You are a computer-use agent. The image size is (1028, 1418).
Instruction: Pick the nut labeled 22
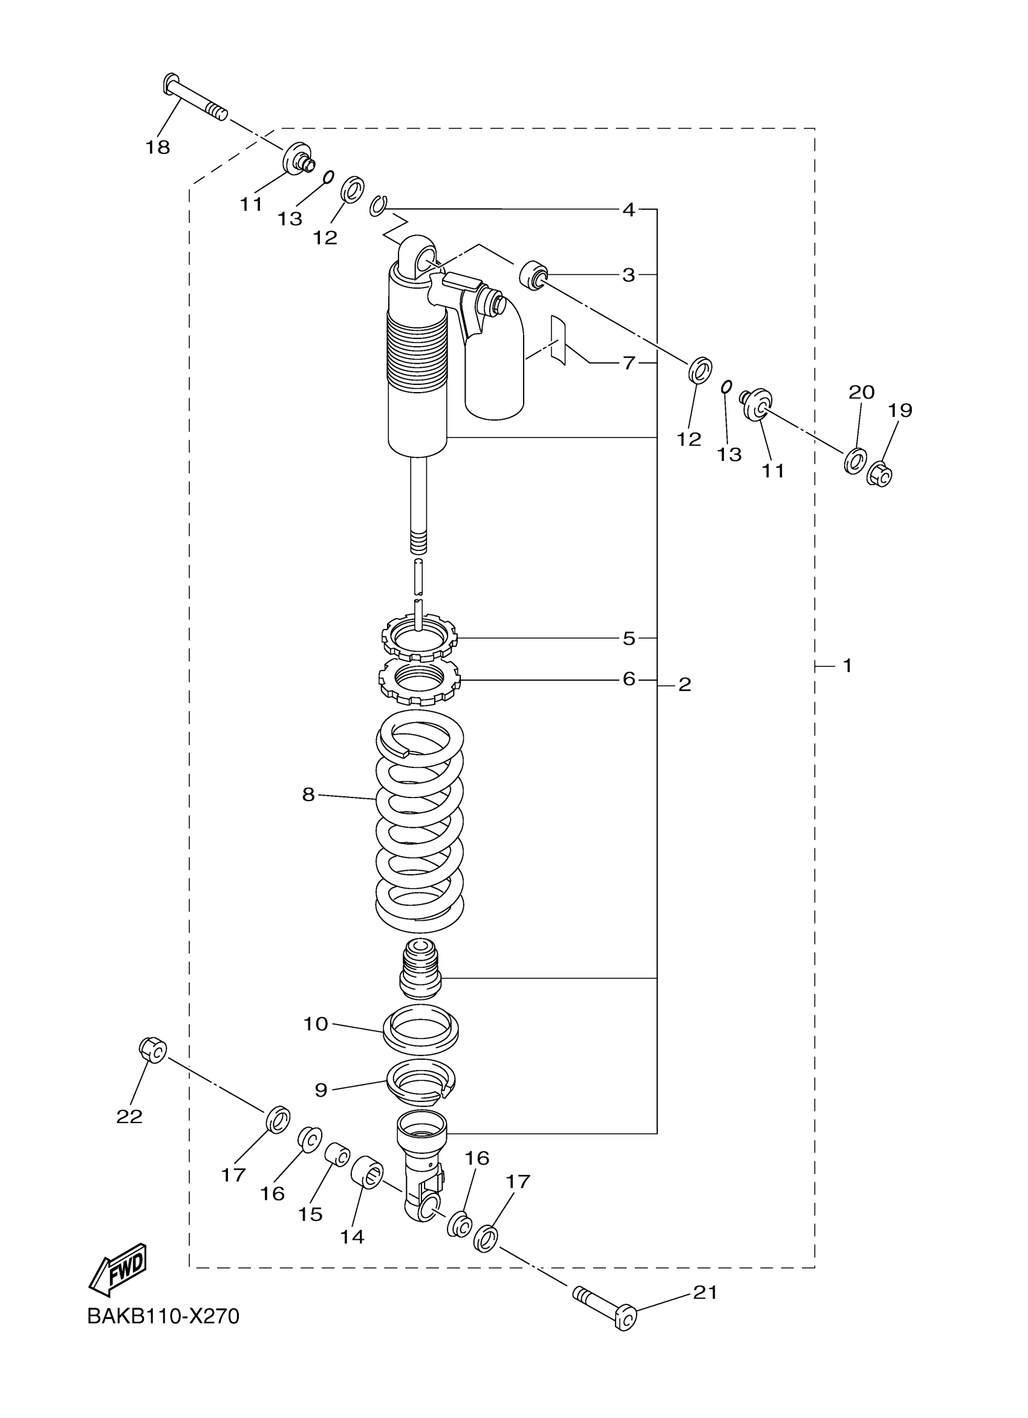point(152,1049)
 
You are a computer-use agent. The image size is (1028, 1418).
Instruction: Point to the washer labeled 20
point(854,460)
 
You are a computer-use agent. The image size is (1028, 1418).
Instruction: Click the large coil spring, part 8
point(420,826)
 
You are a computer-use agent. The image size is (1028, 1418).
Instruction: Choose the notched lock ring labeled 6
point(420,680)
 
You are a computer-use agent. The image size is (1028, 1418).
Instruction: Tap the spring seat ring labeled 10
point(420,1028)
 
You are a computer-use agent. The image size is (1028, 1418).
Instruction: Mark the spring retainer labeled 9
point(420,1078)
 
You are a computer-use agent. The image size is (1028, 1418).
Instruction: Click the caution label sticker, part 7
point(558,340)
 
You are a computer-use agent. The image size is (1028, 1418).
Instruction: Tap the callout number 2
point(685,685)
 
